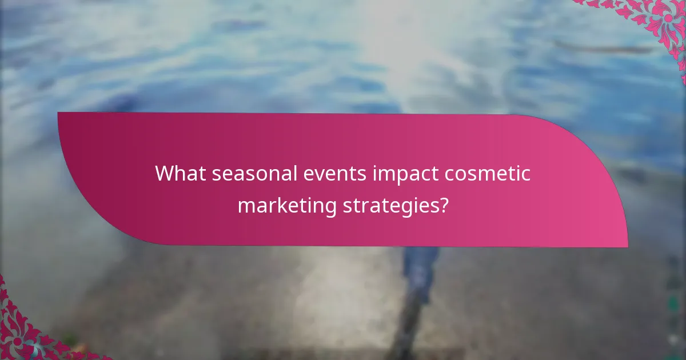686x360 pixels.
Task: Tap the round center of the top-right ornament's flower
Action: [668, 18]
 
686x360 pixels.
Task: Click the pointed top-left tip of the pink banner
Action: [59, 113]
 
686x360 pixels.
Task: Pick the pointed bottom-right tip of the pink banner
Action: [627, 246]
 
